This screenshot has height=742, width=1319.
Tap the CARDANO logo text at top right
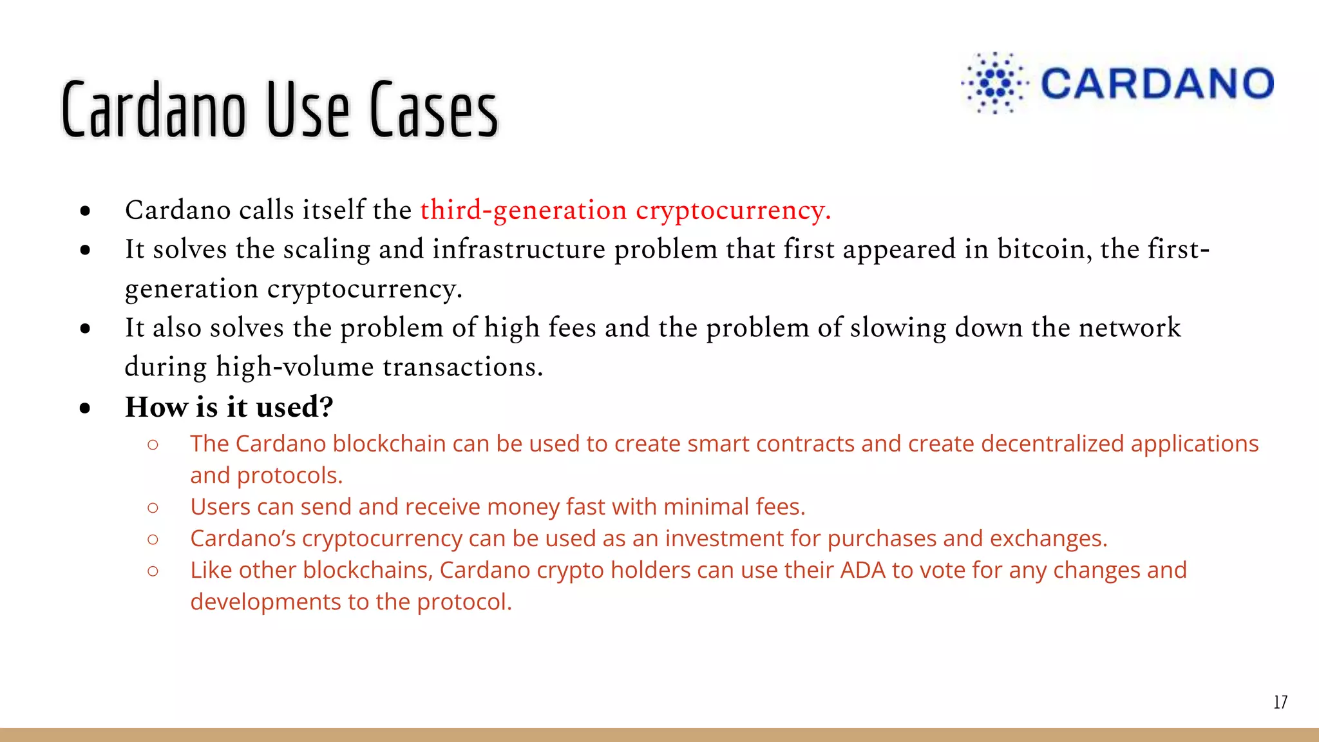pyautogui.click(x=1157, y=84)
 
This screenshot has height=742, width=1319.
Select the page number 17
pyautogui.click(x=1280, y=702)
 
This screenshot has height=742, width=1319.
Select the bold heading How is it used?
pyautogui.click(x=229, y=407)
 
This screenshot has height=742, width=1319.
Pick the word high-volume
pyautogui.click(x=294, y=368)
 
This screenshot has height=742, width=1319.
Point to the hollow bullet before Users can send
pyautogui.click(x=153, y=508)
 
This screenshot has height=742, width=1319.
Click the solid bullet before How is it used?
pyautogui.click(x=85, y=408)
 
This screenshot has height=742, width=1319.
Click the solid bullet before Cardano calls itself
pyautogui.click(x=85, y=211)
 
